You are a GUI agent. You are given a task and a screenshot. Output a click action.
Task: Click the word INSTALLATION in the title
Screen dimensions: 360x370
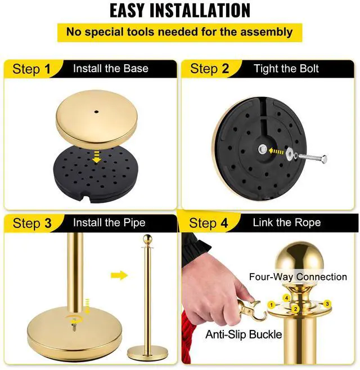[200, 11]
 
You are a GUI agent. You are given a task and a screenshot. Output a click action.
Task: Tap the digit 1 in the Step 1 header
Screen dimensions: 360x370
[47, 69]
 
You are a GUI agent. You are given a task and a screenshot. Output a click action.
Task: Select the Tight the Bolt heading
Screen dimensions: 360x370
[286, 69]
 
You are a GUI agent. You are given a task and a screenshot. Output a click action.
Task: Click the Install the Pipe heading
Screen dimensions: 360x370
[109, 222]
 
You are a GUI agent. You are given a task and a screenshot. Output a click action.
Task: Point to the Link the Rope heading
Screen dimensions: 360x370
[287, 222]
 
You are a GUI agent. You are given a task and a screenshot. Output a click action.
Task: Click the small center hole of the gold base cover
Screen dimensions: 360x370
[96, 112]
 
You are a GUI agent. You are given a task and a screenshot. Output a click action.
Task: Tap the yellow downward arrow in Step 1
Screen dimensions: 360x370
[96, 157]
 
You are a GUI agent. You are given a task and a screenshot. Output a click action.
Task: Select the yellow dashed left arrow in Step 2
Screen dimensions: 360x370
[276, 151]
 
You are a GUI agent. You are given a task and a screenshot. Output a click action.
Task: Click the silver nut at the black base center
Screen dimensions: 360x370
[262, 150]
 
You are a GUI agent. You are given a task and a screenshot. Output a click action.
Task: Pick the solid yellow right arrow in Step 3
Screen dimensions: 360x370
[119, 275]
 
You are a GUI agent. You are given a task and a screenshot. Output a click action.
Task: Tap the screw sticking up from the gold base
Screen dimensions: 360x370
[74, 327]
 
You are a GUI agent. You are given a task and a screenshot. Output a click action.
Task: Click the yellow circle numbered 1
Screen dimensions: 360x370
[271, 305]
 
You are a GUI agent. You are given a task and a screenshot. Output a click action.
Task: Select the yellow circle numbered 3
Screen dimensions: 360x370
[327, 304]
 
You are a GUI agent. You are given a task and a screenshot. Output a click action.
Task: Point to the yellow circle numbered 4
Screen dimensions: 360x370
[286, 298]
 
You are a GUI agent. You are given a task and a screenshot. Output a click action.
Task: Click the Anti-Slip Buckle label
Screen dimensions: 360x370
[244, 335]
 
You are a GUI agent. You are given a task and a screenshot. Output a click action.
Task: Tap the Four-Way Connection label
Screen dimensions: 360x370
[298, 277]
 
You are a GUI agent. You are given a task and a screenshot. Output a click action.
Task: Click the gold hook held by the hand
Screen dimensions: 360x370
[253, 310]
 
